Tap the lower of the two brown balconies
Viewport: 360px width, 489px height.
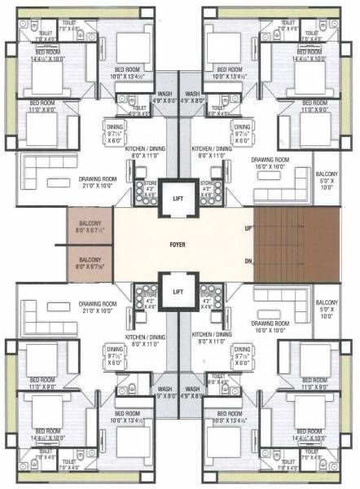tap(90, 261)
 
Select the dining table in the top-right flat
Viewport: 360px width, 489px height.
tap(242, 130)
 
